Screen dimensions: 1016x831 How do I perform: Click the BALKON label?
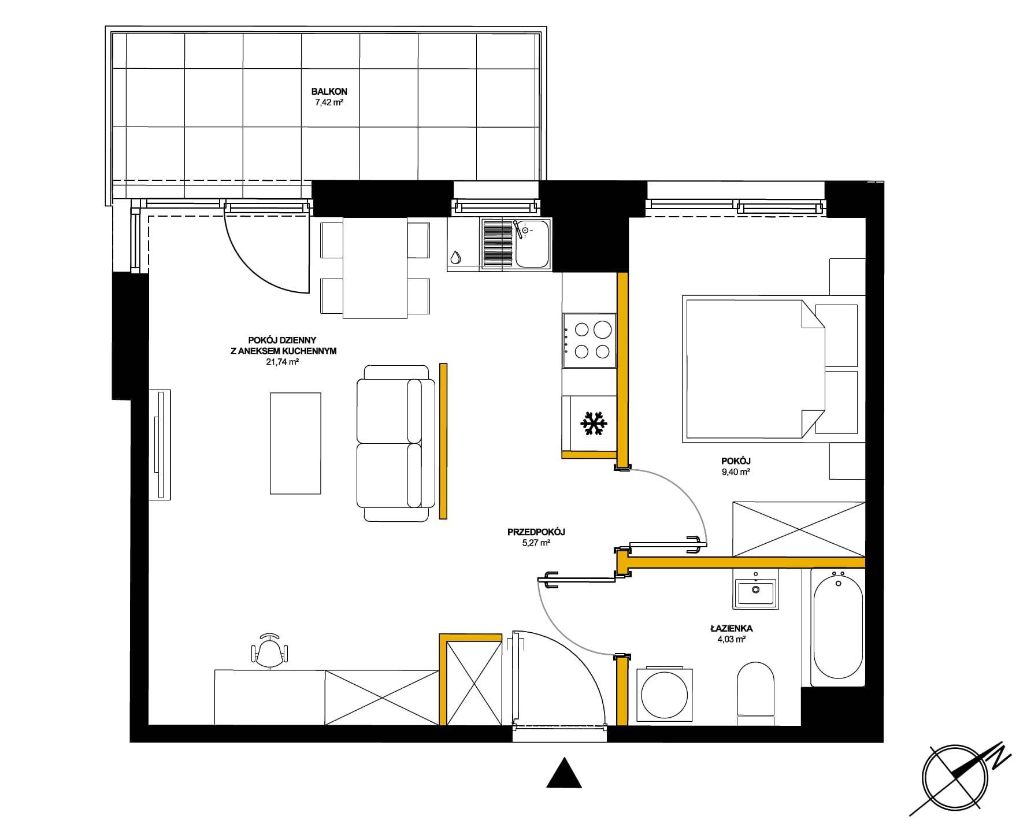[x=329, y=91]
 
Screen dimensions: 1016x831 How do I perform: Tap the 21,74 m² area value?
[x=282, y=362]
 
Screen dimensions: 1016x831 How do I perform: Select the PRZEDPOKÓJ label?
[x=536, y=532]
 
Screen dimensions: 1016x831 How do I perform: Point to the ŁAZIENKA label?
[x=731, y=628]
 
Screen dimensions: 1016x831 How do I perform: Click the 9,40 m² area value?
[x=736, y=472]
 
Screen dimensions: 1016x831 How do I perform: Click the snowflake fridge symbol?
[x=594, y=424]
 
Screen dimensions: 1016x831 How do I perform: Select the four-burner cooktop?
[x=589, y=340]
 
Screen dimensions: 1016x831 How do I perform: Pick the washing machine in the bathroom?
[x=663, y=695]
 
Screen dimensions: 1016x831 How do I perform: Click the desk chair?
[x=270, y=651]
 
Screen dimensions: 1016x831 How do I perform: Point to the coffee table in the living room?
[x=295, y=443]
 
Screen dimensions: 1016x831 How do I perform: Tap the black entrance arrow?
[x=564, y=772]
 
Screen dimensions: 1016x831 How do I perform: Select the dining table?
[x=375, y=268]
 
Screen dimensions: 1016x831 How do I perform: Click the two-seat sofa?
[x=396, y=443]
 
